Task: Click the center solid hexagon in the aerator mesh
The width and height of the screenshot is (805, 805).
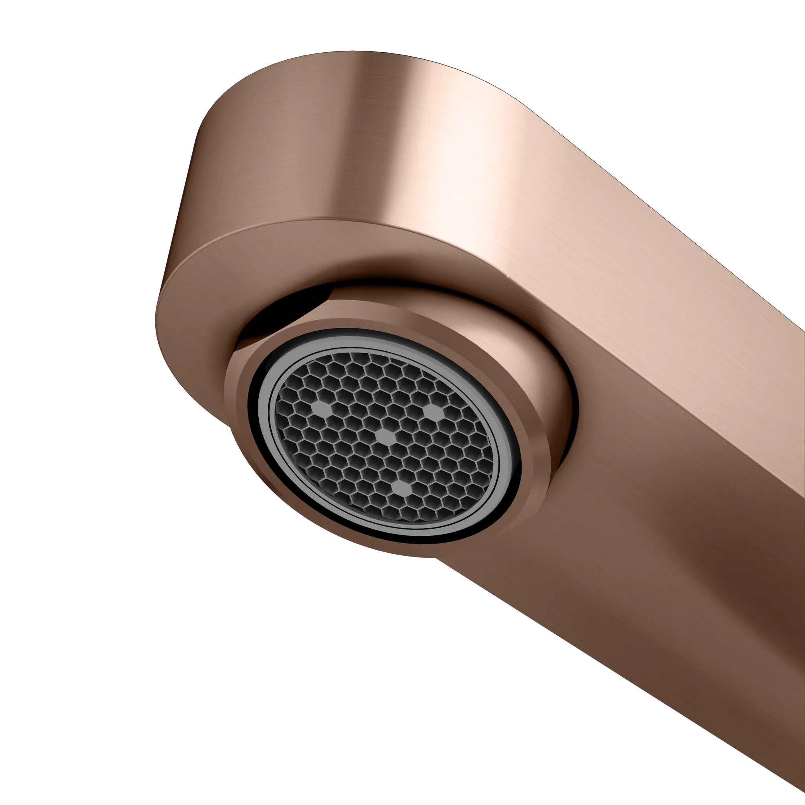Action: tap(386, 436)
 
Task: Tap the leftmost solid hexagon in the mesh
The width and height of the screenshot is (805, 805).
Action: tap(321, 409)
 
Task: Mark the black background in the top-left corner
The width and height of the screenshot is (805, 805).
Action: tap(42, 42)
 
